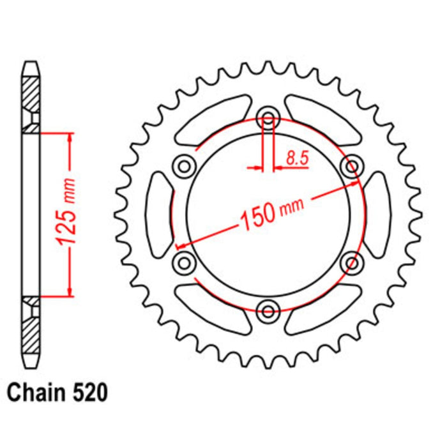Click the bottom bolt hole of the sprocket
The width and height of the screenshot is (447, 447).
pyautogui.click(x=268, y=310)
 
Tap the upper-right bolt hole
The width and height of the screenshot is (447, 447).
pyautogui.click(x=351, y=167)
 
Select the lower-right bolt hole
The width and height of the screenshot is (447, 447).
pyautogui.click(x=351, y=262)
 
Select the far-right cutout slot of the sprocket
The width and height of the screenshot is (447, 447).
pyautogui.click(x=377, y=215)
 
